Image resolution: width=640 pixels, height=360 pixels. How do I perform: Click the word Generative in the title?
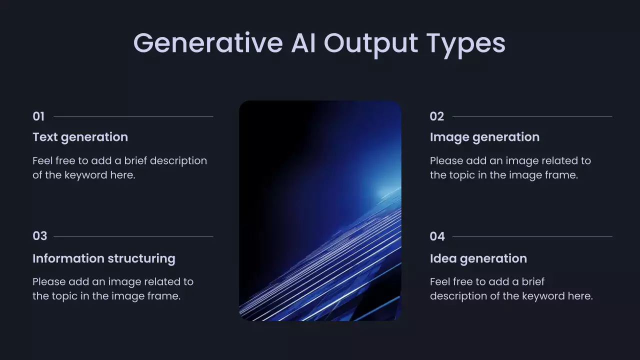[208, 43]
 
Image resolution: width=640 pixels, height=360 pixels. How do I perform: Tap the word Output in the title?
[371, 44]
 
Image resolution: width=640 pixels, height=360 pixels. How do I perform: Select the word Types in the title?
[466, 45]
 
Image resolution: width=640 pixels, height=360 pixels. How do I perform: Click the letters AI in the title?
[303, 43]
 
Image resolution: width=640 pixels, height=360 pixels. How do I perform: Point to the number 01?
[38, 116]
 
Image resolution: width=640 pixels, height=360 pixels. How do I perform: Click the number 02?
[437, 116]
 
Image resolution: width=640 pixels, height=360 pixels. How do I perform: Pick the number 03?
[39, 236]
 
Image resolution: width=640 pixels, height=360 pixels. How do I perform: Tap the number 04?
[437, 236]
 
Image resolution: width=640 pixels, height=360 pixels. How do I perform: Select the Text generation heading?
[80, 137]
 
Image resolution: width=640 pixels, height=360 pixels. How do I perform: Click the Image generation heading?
[485, 137]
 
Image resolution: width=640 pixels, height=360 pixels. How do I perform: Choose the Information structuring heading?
[104, 259]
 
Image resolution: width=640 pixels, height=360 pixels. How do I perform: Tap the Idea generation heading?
[478, 259]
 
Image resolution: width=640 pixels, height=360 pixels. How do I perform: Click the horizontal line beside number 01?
[133, 116]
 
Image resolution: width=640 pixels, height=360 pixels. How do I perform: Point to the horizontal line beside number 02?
[532, 116]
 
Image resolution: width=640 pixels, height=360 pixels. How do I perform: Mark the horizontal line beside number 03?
[133, 236]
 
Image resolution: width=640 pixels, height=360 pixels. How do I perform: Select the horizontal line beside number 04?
[532, 236]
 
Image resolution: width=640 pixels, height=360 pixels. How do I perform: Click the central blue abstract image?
[320, 210]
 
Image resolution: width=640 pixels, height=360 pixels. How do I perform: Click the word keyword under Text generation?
[85, 175]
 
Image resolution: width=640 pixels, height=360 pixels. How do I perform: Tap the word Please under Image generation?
[446, 160]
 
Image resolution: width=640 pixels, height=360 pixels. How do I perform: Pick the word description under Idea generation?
[458, 296]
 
